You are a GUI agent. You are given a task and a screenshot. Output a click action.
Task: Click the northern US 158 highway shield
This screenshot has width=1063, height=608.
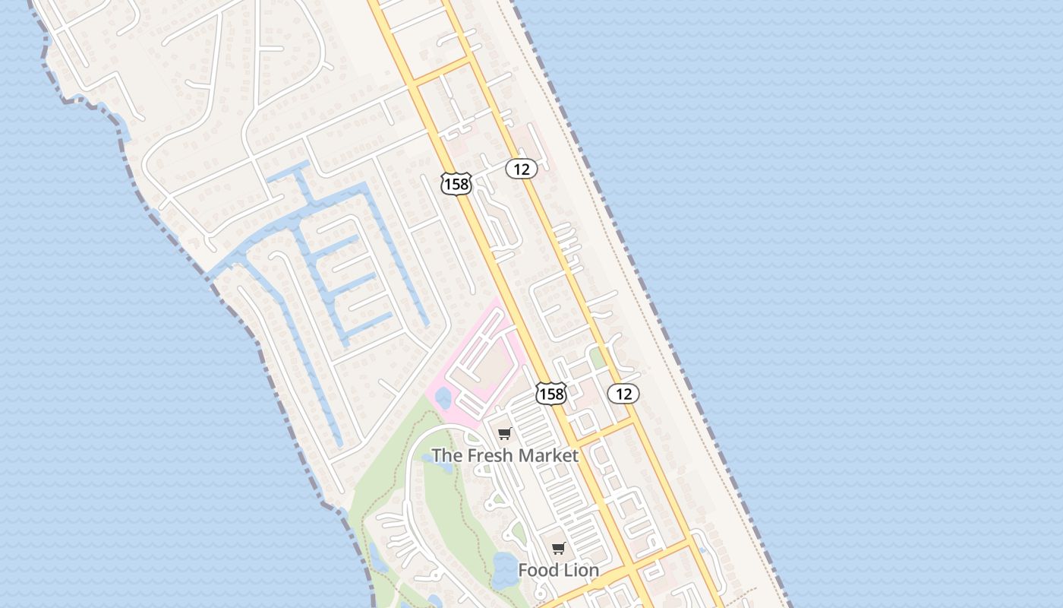point(456,183)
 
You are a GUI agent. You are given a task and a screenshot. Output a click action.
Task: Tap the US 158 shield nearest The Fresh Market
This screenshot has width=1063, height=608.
point(550,393)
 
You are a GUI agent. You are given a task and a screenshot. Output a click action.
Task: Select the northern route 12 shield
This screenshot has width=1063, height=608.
point(522,169)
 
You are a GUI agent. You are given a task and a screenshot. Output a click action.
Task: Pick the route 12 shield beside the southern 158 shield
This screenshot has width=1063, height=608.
point(623,393)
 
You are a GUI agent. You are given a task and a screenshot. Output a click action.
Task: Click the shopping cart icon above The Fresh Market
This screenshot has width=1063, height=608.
point(504,434)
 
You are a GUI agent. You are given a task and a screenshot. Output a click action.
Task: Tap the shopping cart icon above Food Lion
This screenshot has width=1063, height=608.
point(558,549)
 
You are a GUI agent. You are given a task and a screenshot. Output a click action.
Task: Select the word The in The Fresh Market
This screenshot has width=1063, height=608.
point(446,456)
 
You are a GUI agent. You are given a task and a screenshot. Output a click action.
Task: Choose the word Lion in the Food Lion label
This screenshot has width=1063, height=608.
point(581,570)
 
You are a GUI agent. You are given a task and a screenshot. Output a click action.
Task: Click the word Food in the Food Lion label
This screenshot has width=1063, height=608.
point(538,570)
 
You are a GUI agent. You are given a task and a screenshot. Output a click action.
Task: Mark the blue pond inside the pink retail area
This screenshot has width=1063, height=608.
point(443,398)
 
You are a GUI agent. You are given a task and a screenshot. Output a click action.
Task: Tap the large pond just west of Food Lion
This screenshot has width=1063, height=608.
point(503,570)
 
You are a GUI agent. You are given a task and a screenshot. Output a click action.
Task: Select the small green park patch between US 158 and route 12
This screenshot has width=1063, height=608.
point(598,358)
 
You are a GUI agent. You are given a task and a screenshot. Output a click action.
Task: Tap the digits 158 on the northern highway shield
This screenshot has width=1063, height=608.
point(456,184)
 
